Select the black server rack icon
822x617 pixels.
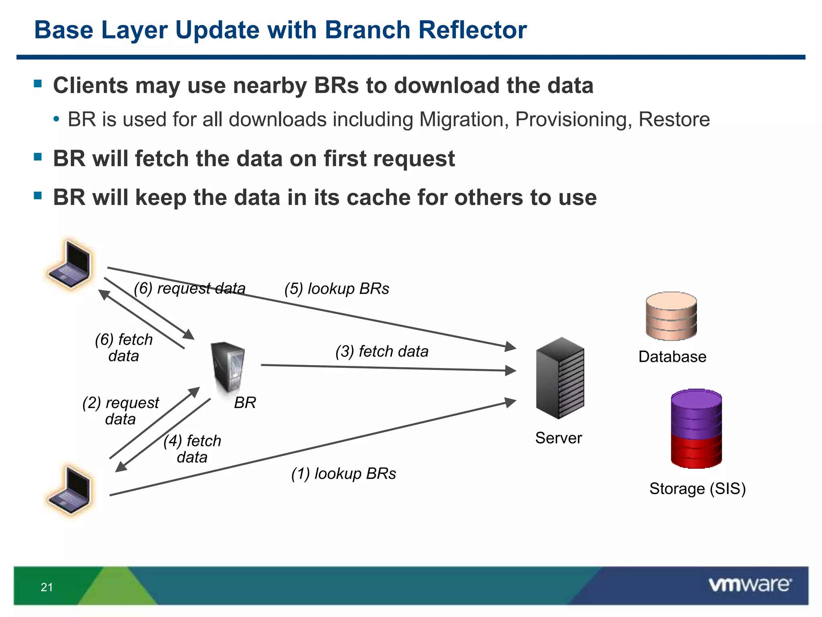pyautogui.click(x=560, y=378)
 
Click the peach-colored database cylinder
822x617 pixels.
pyautogui.click(x=671, y=316)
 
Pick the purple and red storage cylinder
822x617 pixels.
pyautogui.click(x=696, y=429)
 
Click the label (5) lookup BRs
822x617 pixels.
pyautogui.click(x=336, y=289)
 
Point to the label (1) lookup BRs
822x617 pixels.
pyautogui.click(x=344, y=474)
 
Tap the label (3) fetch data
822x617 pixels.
pyautogui.click(x=382, y=351)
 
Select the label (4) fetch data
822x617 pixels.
pyautogui.click(x=192, y=449)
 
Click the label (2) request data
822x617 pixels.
pyautogui.click(x=120, y=411)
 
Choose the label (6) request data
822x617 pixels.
pyautogui.click(x=189, y=288)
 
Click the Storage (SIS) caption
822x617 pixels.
pyautogui.click(x=697, y=489)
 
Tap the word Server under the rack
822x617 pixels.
pyautogui.click(x=558, y=438)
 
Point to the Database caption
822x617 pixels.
pyautogui.click(x=672, y=357)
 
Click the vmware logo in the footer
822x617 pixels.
pyautogui.click(x=750, y=585)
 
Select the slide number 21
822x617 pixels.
pyautogui.click(x=47, y=587)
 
